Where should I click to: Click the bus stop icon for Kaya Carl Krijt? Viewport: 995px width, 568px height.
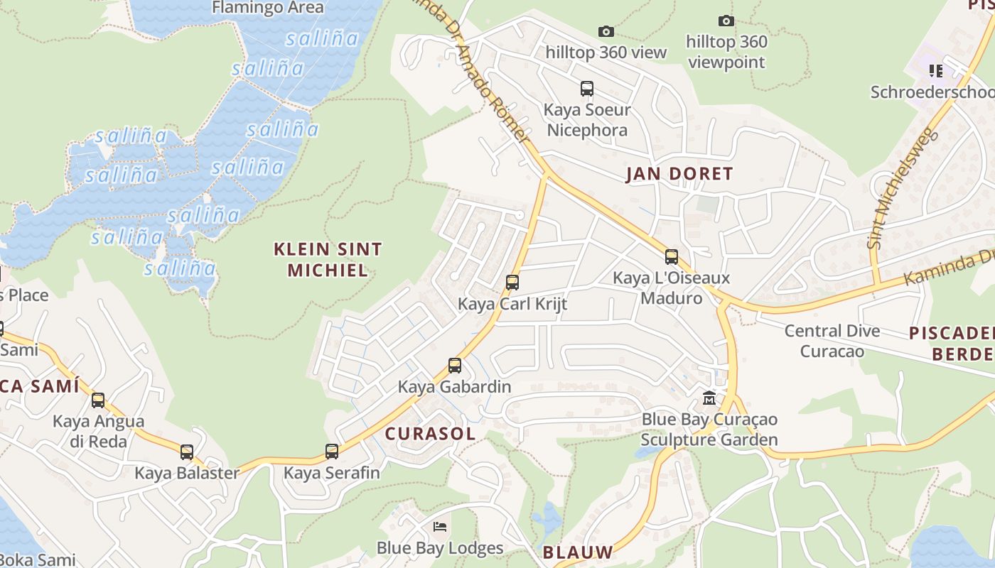click(512, 283)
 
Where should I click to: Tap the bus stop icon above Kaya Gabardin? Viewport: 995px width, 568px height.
click(455, 366)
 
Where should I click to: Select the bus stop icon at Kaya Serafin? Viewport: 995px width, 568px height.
click(332, 452)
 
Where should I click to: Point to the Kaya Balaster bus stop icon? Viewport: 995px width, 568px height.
click(186, 452)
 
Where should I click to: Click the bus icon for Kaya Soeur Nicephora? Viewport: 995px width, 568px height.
click(587, 89)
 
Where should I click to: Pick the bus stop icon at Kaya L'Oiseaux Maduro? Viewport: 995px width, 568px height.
click(672, 257)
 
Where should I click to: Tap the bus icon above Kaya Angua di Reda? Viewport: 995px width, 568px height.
click(98, 400)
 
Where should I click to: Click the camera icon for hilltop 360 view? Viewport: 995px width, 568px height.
click(606, 31)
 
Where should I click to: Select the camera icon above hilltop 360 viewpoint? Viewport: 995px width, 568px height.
click(726, 21)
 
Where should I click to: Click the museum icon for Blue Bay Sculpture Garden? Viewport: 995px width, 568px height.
click(709, 398)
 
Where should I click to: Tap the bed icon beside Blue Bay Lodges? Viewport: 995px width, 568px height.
click(440, 527)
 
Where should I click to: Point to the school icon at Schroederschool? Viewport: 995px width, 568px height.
click(936, 70)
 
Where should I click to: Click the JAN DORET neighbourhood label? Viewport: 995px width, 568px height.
click(679, 174)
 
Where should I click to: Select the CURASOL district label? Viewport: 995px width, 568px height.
click(430, 434)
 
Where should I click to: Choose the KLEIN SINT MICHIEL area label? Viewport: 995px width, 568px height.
click(328, 259)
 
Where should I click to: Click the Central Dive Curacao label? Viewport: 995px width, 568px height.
click(832, 341)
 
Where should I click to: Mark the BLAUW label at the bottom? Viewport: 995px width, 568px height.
click(577, 552)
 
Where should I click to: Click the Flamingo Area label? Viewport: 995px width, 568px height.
click(268, 8)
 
